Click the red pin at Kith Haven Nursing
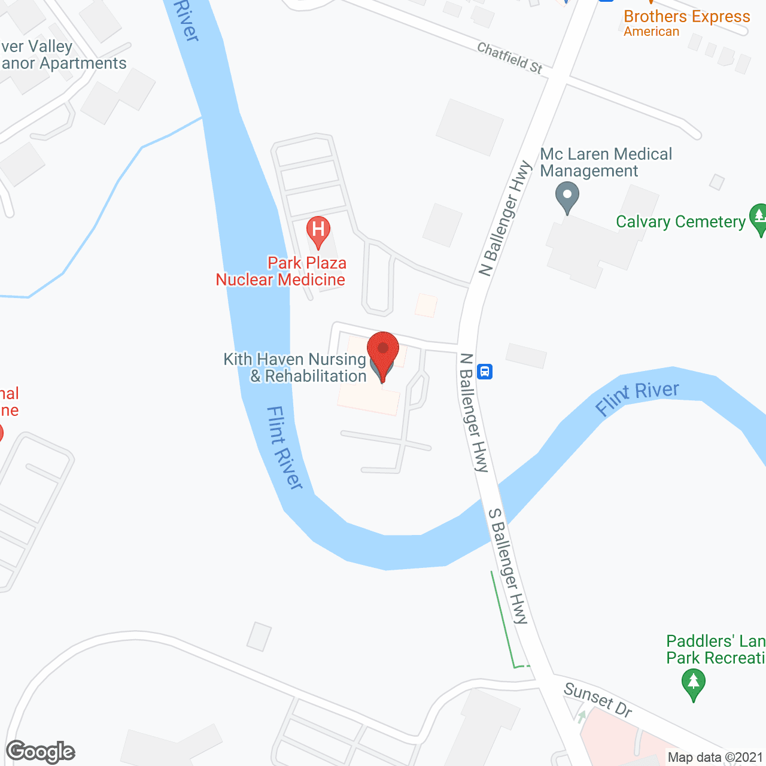tap(382, 350)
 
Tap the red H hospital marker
tap(318, 230)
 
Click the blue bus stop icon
tap(485, 372)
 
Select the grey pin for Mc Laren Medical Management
tap(567, 196)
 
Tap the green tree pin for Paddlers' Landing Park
tap(694, 683)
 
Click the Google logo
tap(41, 752)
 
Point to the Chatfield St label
tap(510, 58)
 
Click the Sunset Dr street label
tap(598, 700)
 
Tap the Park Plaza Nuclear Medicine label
tap(281, 271)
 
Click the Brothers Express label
tap(686, 17)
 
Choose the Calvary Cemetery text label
tap(681, 222)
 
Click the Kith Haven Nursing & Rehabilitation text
tap(295, 367)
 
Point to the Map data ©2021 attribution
tap(715, 758)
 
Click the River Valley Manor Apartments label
tap(62, 55)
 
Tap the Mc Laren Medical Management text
tap(606, 162)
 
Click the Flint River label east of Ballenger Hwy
tap(637, 397)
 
